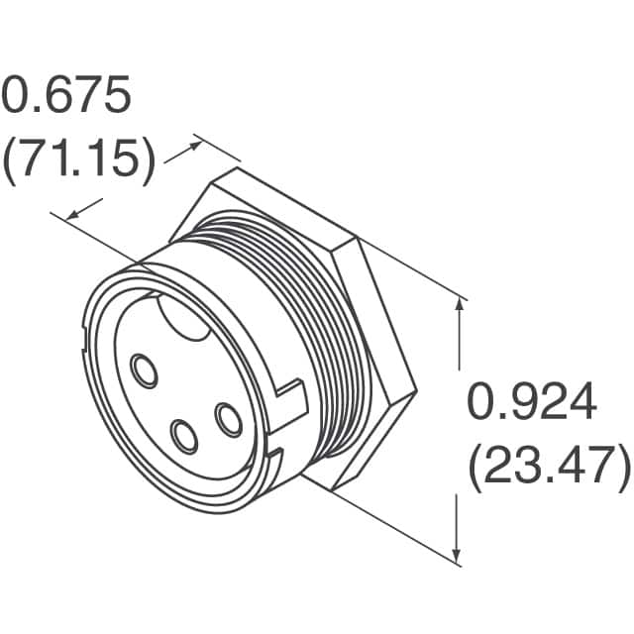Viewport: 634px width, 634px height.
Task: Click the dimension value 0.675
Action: click(x=65, y=96)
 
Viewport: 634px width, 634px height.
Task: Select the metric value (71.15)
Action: click(x=77, y=160)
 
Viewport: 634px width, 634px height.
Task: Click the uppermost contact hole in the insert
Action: click(x=145, y=372)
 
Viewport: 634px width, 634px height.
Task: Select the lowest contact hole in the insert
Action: click(x=183, y=434)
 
